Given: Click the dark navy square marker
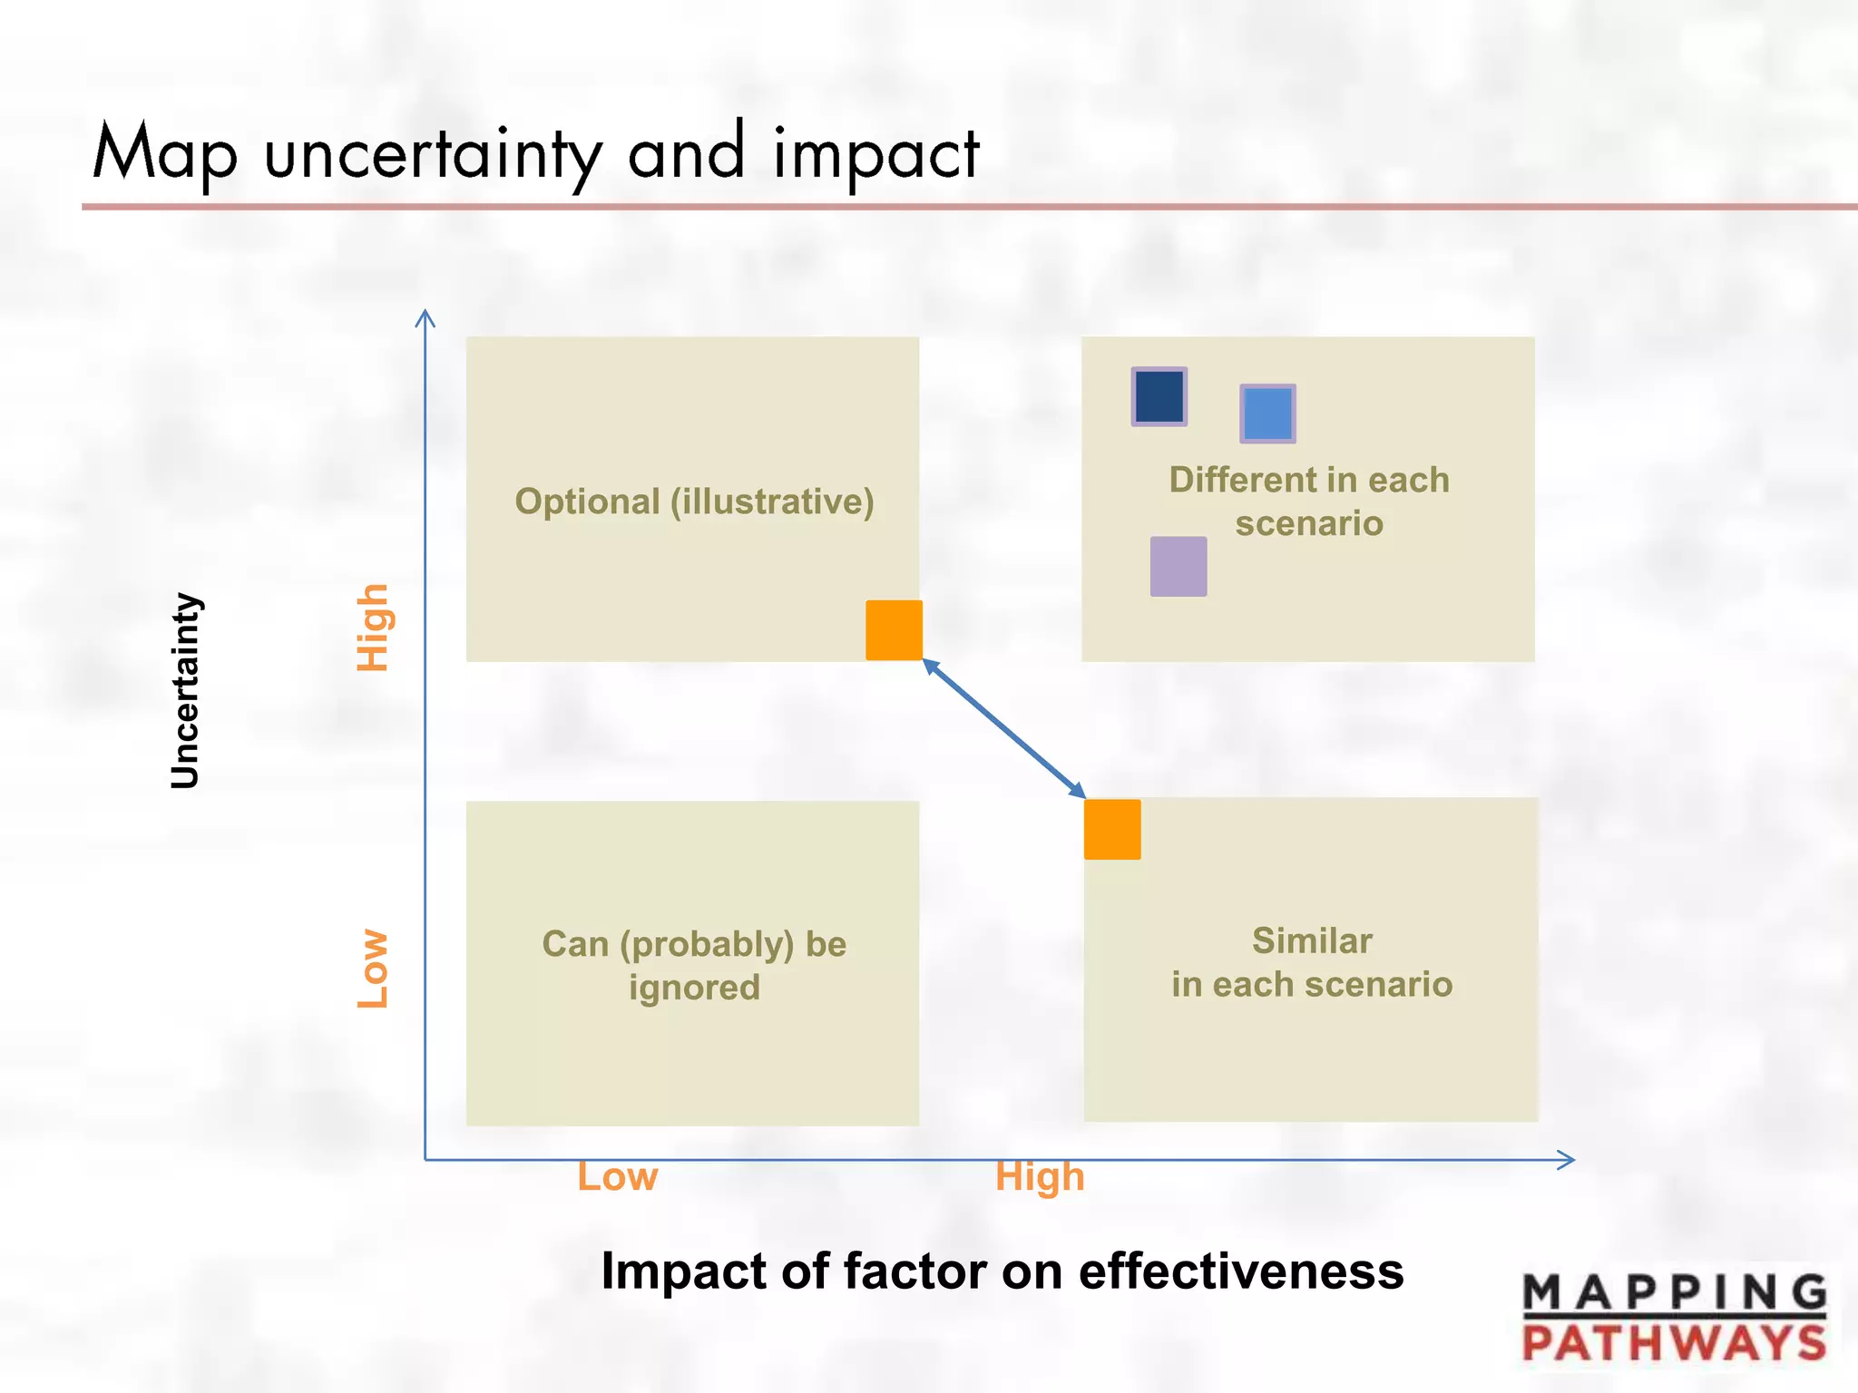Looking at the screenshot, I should (x=1159, y=396).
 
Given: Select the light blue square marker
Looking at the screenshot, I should (x=1267, y=414).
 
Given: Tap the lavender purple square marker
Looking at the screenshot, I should (x=1178, y=567).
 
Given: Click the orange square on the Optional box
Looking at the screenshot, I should (x=894, y=629).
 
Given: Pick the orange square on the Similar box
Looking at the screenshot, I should (x=1112, y=829).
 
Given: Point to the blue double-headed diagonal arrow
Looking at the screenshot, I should (x=1004, y=729).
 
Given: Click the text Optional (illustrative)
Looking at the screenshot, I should (x=694, y=502).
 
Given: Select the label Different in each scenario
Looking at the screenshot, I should (x=1308, y=502).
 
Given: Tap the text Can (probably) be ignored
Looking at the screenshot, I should (x=694, y=965).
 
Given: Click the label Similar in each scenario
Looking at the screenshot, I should (x=1312, y=962).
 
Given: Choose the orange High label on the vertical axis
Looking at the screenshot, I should (x=373, y=628).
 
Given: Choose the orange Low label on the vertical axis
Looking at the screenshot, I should (x=373, y=969).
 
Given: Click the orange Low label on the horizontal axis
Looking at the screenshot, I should (x=618, y=1177).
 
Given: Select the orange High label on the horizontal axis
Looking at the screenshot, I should (x=1040, y=1177).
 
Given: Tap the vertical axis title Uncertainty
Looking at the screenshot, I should (x=185, y=690).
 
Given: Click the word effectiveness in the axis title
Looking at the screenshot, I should (x=1240, y=1271).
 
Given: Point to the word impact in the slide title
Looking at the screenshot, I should (x=876, y=154).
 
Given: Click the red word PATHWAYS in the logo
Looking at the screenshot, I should (x=1674, y=1342).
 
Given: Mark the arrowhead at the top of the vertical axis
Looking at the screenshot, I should (x=425, y=317).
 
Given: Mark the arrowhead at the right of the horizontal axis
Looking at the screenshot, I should (x=1567, y=1159).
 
